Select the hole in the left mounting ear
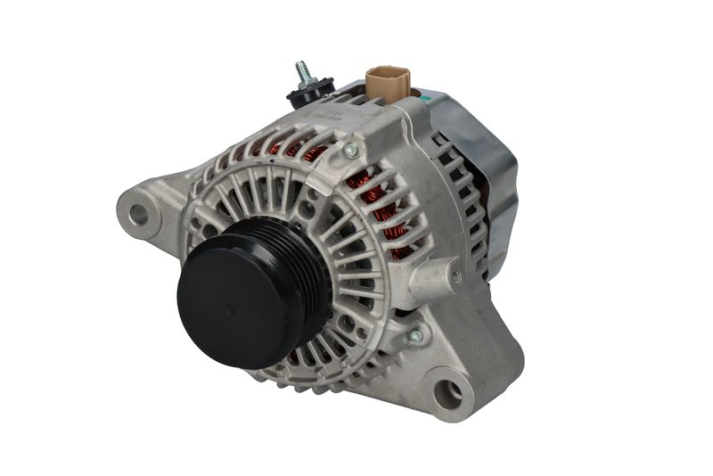138,214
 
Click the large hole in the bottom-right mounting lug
449,392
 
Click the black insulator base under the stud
309,92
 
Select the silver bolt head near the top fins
350,151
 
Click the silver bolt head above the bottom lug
414,336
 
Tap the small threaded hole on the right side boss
455,277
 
